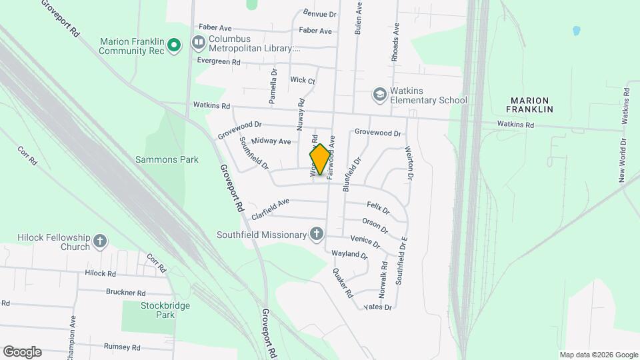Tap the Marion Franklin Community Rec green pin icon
[174, 45]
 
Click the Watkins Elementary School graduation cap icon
[379, 95]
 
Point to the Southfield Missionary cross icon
[317, 234]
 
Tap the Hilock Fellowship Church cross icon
[99, 241]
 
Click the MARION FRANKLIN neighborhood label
[530, 103]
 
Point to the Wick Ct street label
[302, 81]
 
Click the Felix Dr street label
[378, 209]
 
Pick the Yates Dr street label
[378, 307]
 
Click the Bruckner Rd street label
[125, 292]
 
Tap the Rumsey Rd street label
[122, 347]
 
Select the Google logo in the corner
[22, 352]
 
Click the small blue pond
[576, 31]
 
